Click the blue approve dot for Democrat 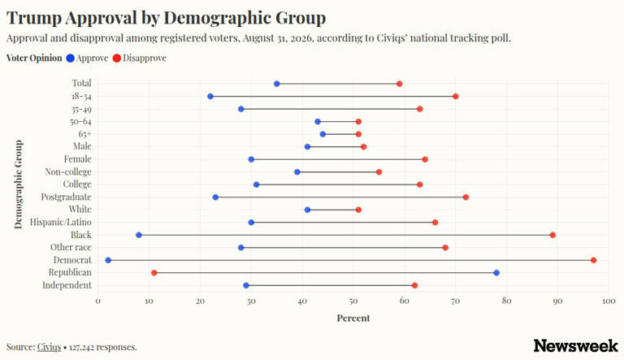tap(108, 260)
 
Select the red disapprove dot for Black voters tap(552, 236)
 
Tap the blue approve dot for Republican tap(496, 273)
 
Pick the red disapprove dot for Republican tap(154, 273)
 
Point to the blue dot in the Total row tap(276, 84)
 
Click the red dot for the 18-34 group tap(456, 97)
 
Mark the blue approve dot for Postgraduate tap(215, 197)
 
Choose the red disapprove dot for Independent tap(414, 285)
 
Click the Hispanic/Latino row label tap(60, 222)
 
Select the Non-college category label tap(68, 172)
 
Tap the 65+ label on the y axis tap(84, 134)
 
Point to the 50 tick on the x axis tap(353, 301)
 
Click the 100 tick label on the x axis tap(609, 301)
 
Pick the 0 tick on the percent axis tap(97, 301)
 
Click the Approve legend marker tap(71, 59)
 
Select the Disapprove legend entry tap(139, 59)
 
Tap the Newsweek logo tap(575, 345)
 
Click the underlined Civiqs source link tap(49, 347)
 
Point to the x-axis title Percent tap(353, 319)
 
